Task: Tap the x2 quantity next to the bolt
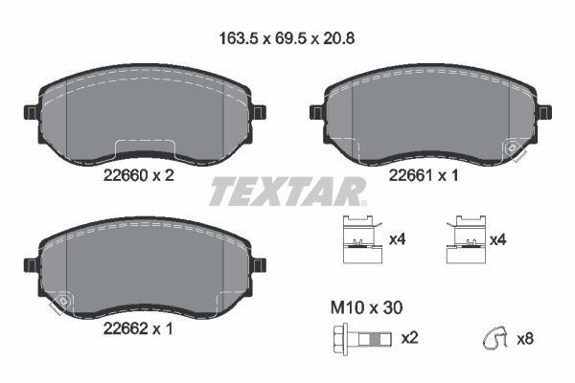(410, 338)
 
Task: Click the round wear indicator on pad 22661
(515, 148)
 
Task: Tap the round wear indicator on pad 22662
(63, 302)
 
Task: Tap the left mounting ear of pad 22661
(316, 112)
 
